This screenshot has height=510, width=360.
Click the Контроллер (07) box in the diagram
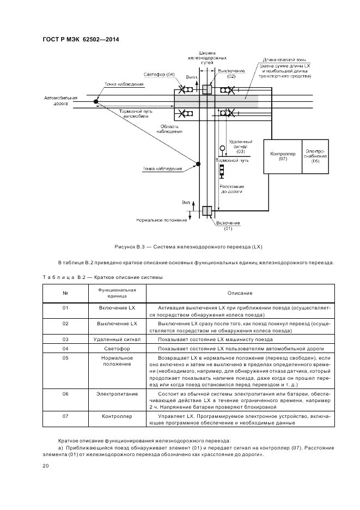(283, 156)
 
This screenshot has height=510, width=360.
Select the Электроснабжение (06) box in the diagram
(315, 156)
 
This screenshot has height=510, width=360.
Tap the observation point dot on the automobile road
(96, 101)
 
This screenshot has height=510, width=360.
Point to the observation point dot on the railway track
(198, 163)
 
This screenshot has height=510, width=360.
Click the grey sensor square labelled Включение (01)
(206, 211)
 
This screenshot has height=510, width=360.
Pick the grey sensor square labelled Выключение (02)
(206, 90)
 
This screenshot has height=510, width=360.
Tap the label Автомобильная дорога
(61, 101)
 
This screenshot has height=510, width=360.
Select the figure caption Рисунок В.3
(188, 247)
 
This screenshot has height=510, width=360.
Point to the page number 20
(46, 466)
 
